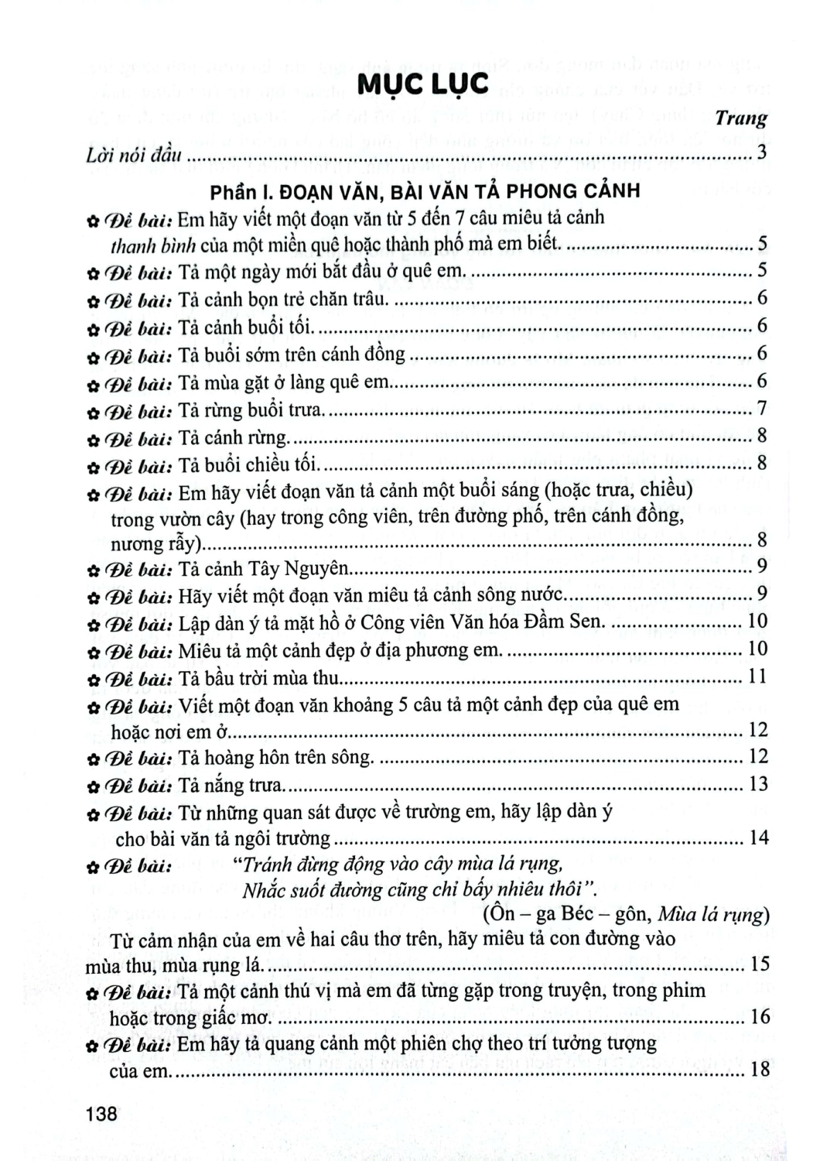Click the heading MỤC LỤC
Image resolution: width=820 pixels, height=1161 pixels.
[x=422, y=84]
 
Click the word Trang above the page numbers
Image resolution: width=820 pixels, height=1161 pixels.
[x=740, y=118]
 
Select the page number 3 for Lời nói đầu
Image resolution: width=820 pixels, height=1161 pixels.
[x=762, y=152]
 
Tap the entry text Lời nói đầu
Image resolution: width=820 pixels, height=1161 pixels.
[x=134, y=154]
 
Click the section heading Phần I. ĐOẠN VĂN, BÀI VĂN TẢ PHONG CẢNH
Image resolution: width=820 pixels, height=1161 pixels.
[x=425, y=190]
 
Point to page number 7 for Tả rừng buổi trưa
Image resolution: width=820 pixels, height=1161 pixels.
[x=762, y=408]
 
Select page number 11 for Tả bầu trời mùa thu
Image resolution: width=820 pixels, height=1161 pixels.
[x=757, y=676]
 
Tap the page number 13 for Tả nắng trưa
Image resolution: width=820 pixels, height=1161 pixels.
[x=757, y=784]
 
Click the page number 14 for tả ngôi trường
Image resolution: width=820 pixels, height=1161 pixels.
[x=757, y=837]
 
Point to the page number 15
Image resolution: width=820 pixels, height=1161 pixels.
[x=759, y=964]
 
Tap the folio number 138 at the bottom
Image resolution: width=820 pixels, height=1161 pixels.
[x=103, y=1114]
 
